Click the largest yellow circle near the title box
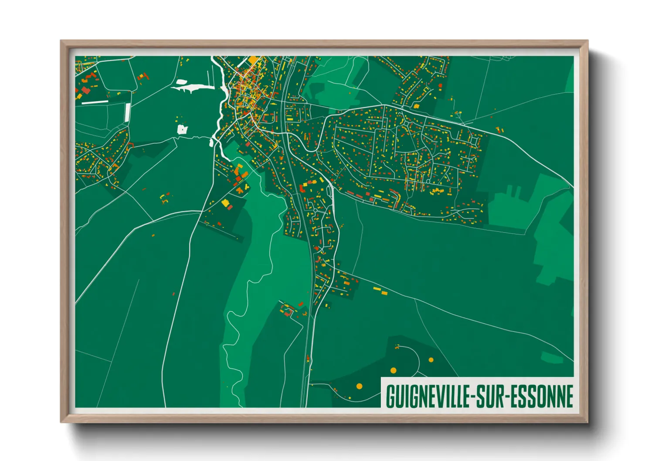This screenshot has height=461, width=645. click(393, 370)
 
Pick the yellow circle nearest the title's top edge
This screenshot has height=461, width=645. click(359, 386)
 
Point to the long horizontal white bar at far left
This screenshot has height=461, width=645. click(95, 102)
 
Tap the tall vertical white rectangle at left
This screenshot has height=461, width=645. click(127, 112)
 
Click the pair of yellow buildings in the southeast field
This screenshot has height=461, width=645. click(380, 291)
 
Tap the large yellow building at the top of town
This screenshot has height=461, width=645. click(253, 60)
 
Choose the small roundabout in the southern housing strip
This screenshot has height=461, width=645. click(316, 248)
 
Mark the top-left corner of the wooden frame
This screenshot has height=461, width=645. click(61, 41)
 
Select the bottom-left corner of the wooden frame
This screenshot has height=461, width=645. click(61, 422)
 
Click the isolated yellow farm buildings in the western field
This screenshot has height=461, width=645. click(165, 198)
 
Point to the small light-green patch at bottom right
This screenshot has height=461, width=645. click(552, 357)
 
